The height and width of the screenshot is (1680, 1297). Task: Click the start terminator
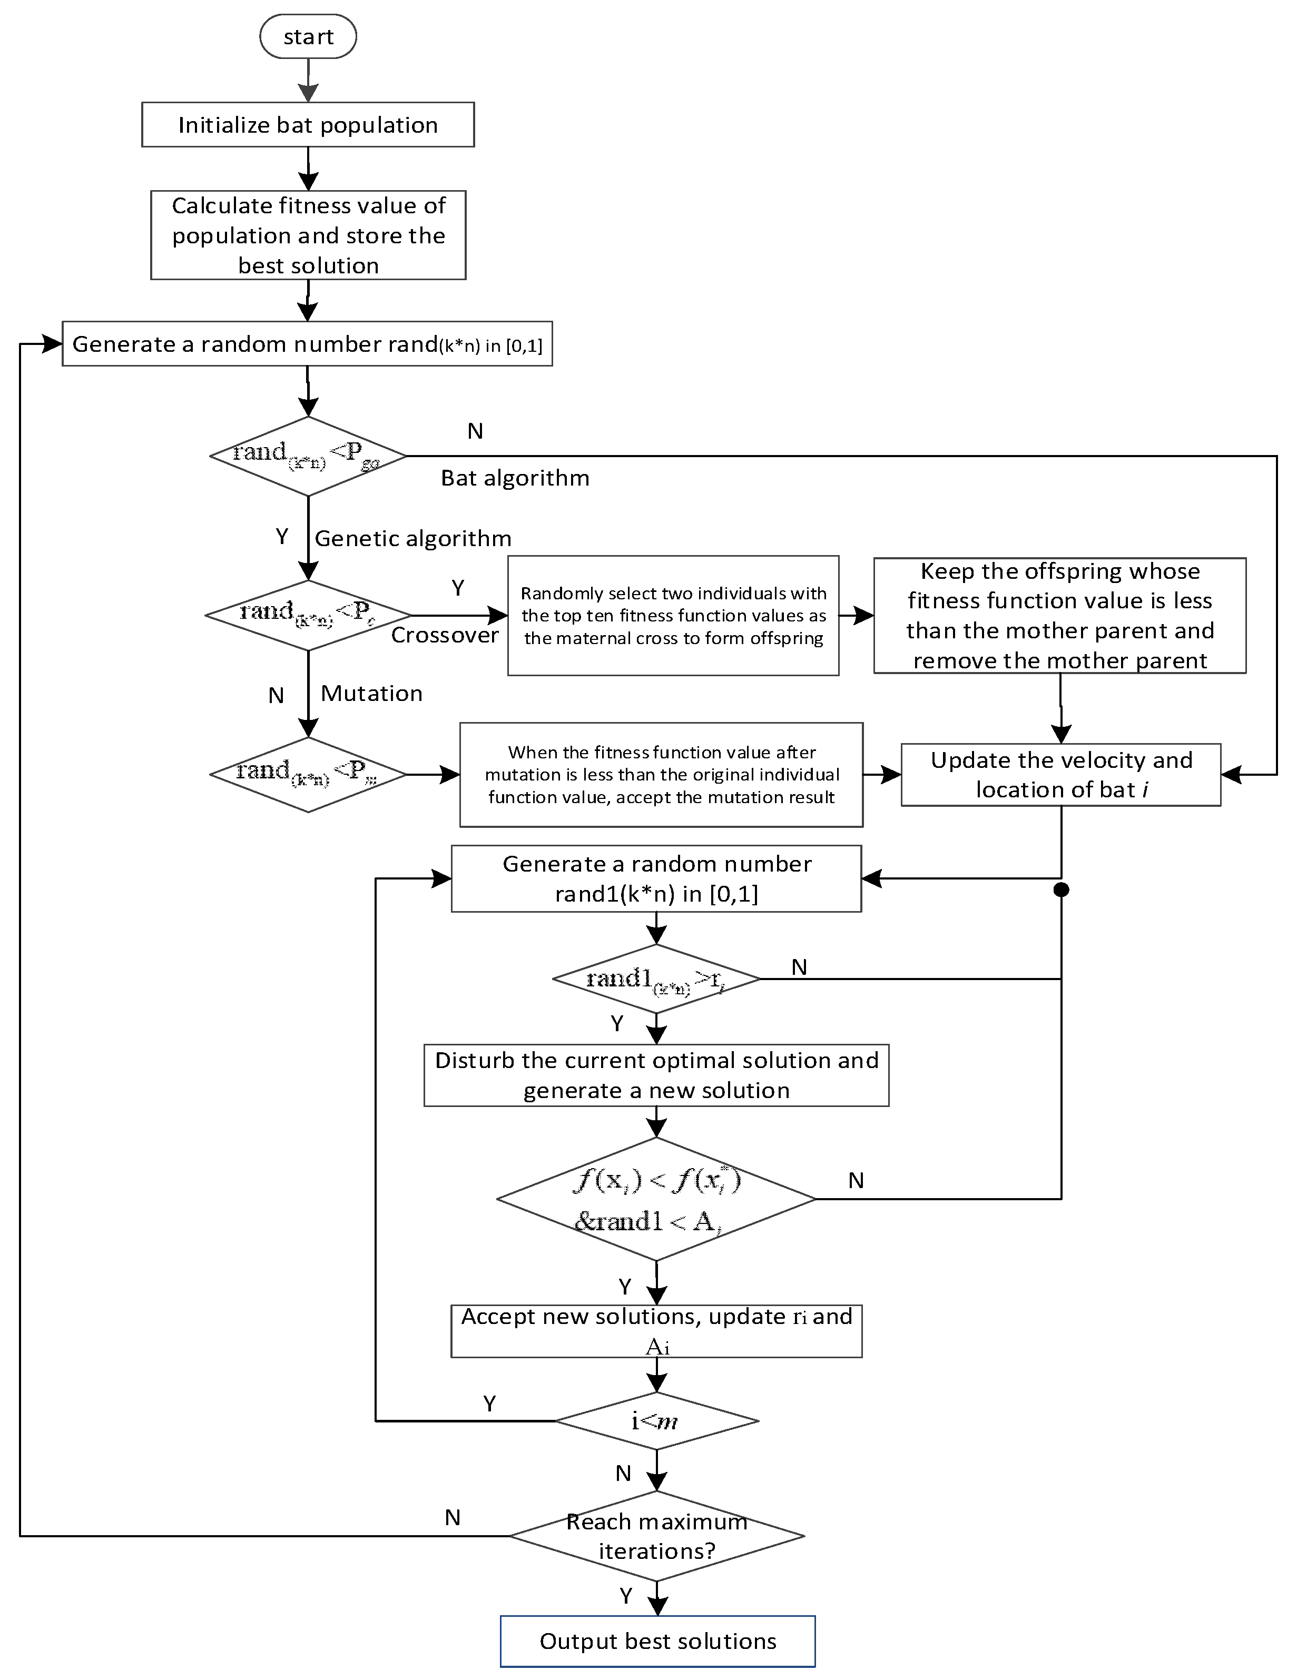click(308, 37)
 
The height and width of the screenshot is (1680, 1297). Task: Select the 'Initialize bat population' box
click(308, 125)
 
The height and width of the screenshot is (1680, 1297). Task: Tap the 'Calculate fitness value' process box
click(308, 234)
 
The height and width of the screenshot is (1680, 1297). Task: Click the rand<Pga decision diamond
click(308, 456)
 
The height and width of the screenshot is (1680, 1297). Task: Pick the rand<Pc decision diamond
click(308, 615)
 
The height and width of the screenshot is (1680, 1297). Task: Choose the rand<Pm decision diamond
click(308, 775)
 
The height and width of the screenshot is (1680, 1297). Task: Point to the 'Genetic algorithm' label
click(412, 538)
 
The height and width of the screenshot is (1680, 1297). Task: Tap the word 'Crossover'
click(445, 635)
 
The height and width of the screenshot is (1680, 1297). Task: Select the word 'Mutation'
click(371, 694)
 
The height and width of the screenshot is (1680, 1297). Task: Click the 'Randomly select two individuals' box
click(673, 615)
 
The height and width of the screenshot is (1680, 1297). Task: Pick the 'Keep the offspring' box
click(1059, 615)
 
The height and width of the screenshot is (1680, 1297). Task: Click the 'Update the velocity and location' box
click(1061, 775)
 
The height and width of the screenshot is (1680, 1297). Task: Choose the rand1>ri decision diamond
click(656, 979)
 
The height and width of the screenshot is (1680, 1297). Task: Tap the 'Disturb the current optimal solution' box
click(656, 1075)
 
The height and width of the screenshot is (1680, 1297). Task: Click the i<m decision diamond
click(656, 1421)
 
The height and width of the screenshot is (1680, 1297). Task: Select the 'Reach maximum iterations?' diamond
click(656, 1536)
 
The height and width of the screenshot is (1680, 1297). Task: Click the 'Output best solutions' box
click(658, 1641)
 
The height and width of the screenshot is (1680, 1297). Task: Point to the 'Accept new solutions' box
click(656, 1331)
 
